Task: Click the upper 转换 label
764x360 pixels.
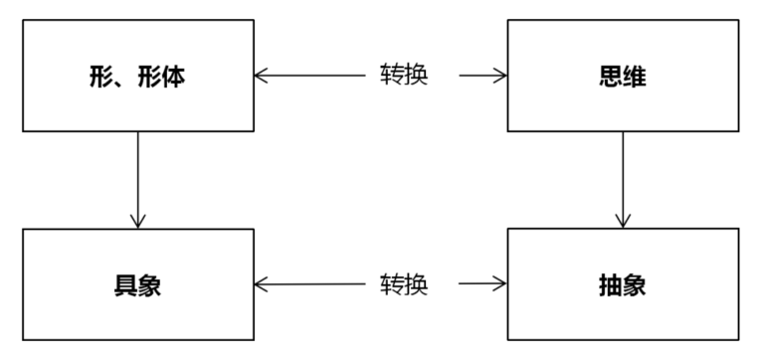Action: point(404,75)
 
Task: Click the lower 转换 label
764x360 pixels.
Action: point(404,284)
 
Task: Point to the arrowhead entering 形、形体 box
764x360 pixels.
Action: point(261,76)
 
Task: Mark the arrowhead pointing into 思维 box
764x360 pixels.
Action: point(500,76)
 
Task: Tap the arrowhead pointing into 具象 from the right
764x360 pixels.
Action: point(261,284)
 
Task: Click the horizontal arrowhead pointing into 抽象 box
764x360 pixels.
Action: point(500,283)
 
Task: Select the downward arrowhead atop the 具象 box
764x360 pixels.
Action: point(138,222)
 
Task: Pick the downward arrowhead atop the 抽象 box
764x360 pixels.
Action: point(623,221)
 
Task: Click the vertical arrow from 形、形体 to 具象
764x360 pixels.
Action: point(138,180)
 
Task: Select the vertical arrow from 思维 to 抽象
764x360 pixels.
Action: point(623,180)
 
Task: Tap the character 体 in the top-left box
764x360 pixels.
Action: point(173,77)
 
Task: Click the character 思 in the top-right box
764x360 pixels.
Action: point(611,77)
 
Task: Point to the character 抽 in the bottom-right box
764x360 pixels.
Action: point(611,285)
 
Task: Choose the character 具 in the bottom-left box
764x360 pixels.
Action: point(125,285)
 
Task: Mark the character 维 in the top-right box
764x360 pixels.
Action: point(635,77)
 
